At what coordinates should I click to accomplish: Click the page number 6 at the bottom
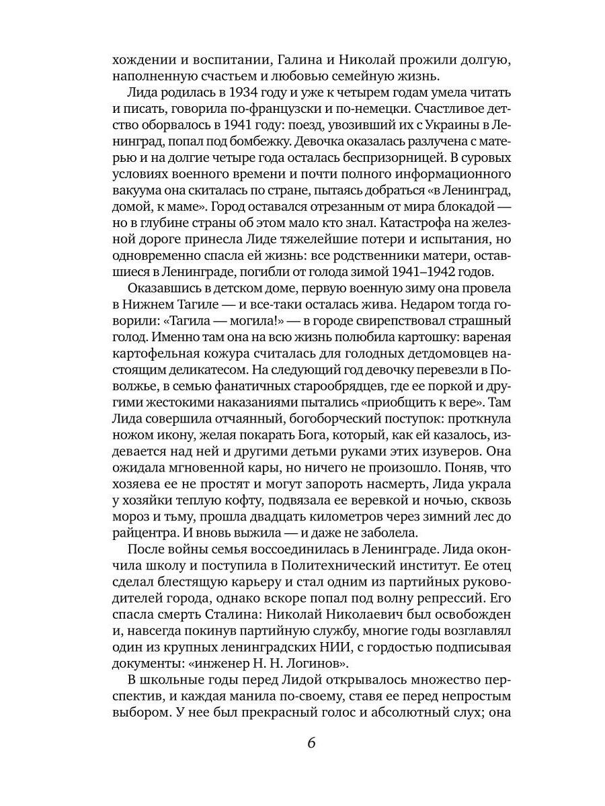(311, 744)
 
